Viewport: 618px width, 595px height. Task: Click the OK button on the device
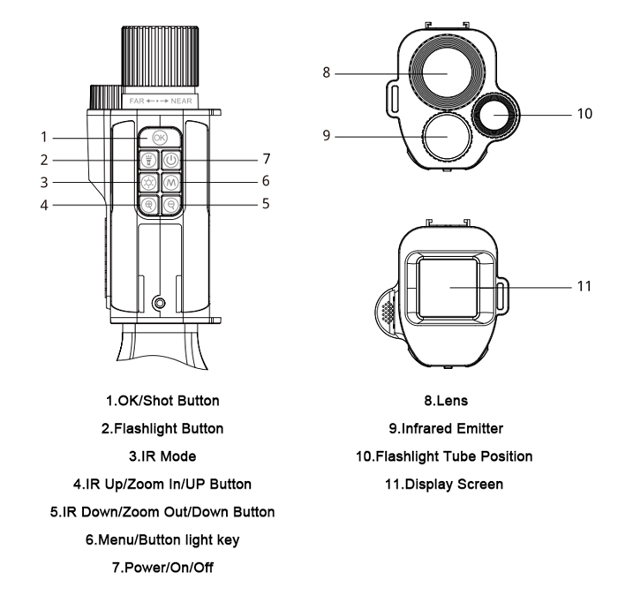pos(159,138)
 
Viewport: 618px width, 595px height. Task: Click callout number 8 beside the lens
pos(327,73)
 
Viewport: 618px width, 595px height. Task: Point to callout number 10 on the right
pos(583,115)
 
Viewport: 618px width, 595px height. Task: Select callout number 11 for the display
pos(583,288)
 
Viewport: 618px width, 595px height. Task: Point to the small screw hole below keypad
pos(160,304)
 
